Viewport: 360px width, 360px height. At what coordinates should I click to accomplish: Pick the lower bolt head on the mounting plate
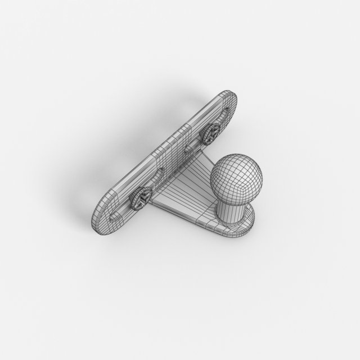(x=139, y=197)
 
